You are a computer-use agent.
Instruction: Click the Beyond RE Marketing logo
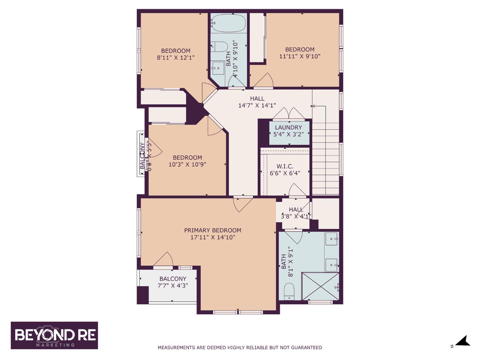coord(54,335)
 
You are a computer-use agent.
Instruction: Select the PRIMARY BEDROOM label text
coord(213,230)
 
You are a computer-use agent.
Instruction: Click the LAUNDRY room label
coord(288,127)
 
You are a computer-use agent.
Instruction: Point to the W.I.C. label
coord(285,166)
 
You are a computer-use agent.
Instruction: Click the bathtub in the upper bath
coord(228,23)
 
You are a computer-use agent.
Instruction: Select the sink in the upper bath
coord(218,68)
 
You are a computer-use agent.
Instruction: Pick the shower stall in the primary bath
coord(320,286)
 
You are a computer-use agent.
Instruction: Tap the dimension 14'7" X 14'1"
coord(257,106)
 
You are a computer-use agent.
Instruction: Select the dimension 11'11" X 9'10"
coord(300,56)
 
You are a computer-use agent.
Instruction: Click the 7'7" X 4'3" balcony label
coord(173,286)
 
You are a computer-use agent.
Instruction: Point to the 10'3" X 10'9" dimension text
coord(187,164)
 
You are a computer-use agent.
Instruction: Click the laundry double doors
coord(289,114)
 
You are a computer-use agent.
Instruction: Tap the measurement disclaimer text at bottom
coord(240,348)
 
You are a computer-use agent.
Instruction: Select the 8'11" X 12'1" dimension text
coord(176,57)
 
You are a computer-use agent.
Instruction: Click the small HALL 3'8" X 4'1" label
coord(296,213)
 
